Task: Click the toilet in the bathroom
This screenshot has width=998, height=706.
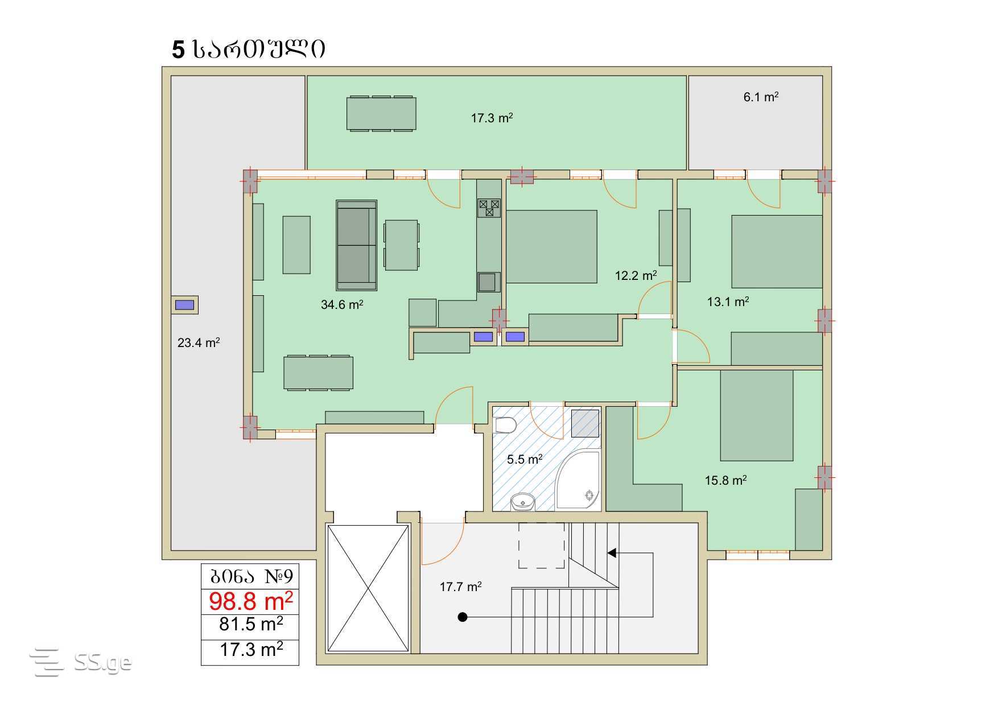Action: click(x=505, y=425)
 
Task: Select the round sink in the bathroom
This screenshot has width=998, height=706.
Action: click(x=522, y=502)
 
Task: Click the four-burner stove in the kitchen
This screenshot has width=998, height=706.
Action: click(x=489, y=208)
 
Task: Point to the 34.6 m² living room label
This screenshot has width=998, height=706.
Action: click(x=342, y=304)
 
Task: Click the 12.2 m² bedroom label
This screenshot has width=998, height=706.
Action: click(x=636, y=275)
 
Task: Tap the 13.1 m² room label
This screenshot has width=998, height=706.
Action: click(x=728, y=302)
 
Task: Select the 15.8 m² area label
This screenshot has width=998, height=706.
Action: click(x=726, y=480)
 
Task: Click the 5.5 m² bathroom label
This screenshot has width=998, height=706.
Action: click(x=525, y=459)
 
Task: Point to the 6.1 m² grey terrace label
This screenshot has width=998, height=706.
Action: click(x=761, y=97)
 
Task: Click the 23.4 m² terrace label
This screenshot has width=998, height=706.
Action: click(x=199, y=342)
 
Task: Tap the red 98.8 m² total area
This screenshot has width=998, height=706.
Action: click(x=251, y=600)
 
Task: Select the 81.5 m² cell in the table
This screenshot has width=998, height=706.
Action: click(x=251, y=624)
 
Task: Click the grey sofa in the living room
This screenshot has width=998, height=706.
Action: click(x=356, y=245)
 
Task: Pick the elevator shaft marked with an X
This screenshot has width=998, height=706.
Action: click(x=368, y=588)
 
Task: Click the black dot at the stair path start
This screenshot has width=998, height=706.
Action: click(x=463, y=617)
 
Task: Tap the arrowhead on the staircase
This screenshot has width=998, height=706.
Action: click(x=612, y=552)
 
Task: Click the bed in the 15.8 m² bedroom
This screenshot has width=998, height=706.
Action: click(x=757, y=415)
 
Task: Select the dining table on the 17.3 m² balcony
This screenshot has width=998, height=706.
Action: click(x=381, y=114)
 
